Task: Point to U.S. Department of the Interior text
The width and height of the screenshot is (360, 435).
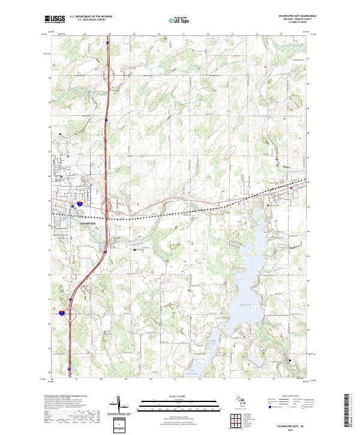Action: click(x=91, y=16)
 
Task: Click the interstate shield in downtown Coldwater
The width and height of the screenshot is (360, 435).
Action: click(x=80, y=205)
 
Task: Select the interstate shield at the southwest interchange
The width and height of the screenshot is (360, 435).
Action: click(x=62, y=313)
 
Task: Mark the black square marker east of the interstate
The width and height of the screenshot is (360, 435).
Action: click(x=134, y=251)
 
